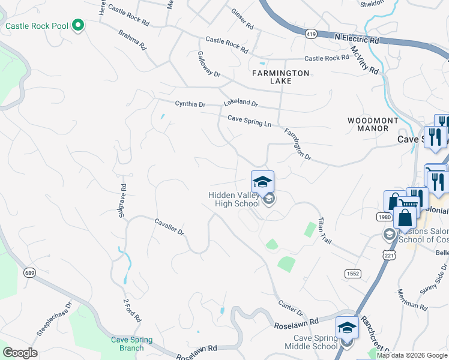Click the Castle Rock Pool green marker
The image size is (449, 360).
[x=77, y=26]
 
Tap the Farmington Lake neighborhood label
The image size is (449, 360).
[x=280, y=77]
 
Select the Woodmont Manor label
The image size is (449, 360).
[x=373, y=125]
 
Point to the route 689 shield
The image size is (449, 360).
[x=29, y=272]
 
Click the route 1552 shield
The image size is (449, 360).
[x=352, y=274]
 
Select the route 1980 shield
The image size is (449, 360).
[x=385, y=217]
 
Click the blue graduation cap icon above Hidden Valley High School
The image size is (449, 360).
[x=262, y=182]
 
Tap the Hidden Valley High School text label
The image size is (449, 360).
[x=234, y=200]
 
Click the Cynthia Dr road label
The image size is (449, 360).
[x=190, y=104]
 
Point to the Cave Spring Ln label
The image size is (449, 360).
[x=249, y=121]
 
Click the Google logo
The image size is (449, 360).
[x=20, y=353]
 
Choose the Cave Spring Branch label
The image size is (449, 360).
[x=131, y=344]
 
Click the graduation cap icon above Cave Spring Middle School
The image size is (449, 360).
[x=347, y=328]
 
